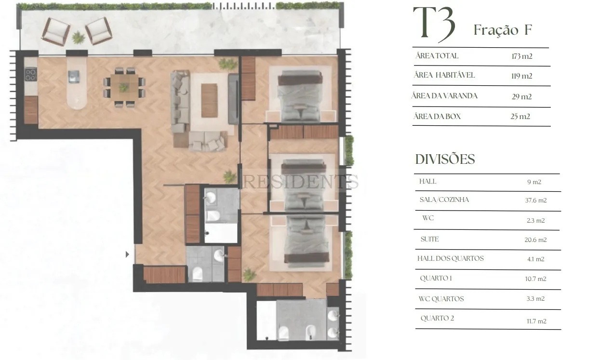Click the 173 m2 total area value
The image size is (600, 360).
tap(522, 56)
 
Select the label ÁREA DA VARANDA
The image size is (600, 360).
tap(444, 96)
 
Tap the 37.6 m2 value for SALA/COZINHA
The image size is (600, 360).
tap(536, 200)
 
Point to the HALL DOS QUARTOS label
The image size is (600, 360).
tap(451, 258)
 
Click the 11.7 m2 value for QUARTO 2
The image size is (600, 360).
tap(536, 321)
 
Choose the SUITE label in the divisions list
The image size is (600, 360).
tap(430, 239)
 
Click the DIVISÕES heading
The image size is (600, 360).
tap(445, 159)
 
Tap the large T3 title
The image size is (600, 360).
tap(434, 25)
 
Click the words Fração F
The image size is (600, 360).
tap(503, 30)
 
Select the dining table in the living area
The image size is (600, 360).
tap(124, 87)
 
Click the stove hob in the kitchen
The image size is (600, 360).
tap(31, 75)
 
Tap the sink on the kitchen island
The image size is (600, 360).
tap(74, 76)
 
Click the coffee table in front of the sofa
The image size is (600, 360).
tap(209, 100)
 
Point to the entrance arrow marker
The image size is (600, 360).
tap(128, 254)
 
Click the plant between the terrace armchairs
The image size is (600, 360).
tap(78, 38)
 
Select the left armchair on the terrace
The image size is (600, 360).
tap(56, 32)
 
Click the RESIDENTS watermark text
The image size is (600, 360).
tap(300, 182)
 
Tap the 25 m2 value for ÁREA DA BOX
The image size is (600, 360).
tap(520, 117)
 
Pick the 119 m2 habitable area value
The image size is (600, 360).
tap(522, 76)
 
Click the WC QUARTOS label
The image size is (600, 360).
tap(441, 299)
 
